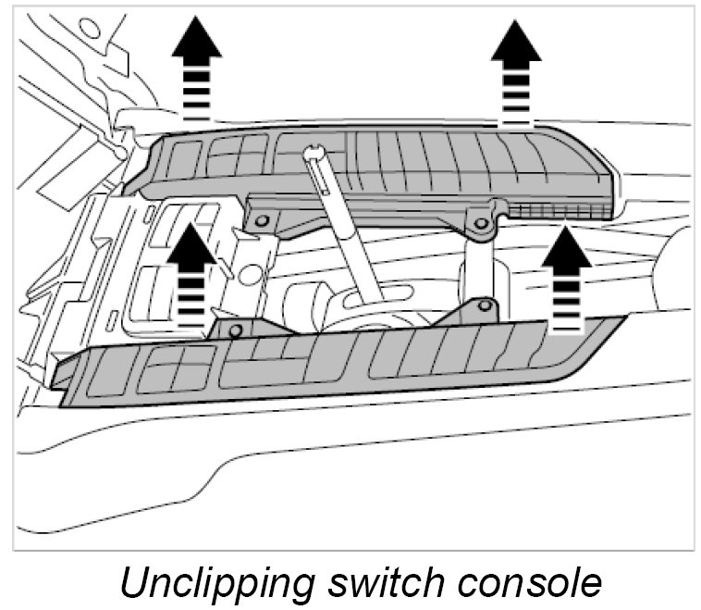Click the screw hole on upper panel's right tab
pyautogui.click(x=479, y=221)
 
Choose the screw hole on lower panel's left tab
pyautogui.click(x=236, y=330)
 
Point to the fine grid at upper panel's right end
pyautogui.click(x=560, y=212)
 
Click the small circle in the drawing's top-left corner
pyautogui.click(x=89, y=29)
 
